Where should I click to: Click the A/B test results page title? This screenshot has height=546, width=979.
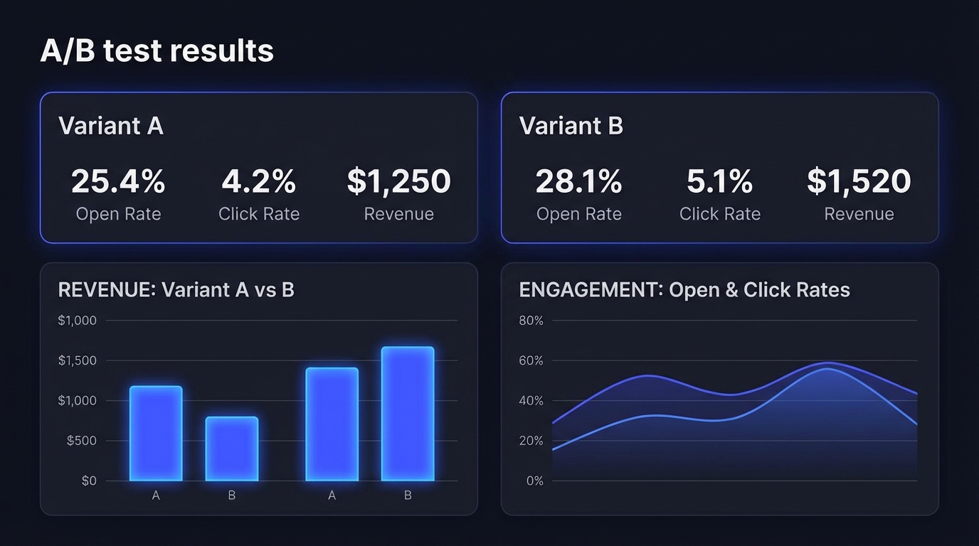point(157,51)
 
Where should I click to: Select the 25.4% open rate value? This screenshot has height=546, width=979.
point(118,181)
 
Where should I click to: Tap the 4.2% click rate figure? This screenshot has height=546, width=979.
point(259,181)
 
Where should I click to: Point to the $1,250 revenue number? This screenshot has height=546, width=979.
point(398,181)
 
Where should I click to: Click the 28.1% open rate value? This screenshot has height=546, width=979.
point(578,181)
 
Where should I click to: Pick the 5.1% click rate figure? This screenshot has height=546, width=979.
point(719,181)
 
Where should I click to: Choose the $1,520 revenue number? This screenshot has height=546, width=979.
point(859,181)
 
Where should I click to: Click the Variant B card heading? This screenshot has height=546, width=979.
point(571,126)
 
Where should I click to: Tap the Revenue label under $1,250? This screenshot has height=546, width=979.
point(398,214)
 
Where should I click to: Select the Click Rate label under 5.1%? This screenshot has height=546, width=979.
point(719,214)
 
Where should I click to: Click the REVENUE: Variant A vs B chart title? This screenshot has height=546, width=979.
point(176,290)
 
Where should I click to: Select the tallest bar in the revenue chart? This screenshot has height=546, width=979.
point(408,414)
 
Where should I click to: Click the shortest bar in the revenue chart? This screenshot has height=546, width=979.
point(232,449)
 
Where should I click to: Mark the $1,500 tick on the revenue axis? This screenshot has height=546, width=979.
point(77,360)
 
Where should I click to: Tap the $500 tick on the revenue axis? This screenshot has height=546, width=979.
point(81,441)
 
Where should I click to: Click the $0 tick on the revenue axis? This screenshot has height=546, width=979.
point(88,481)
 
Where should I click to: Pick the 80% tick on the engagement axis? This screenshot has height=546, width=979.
point(531,321)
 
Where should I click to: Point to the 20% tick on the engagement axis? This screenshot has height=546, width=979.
point(531,441)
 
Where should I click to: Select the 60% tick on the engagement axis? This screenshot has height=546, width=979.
point(531,360)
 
